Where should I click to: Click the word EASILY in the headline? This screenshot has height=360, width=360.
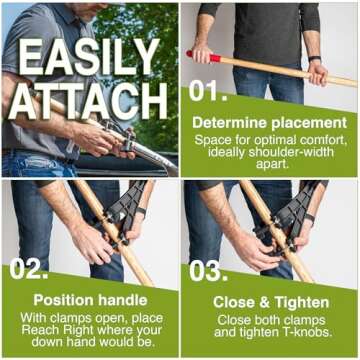click(89, 57)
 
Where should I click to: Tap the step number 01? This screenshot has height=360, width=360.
click(211, 93)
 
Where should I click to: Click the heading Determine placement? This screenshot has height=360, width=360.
click(269, 123)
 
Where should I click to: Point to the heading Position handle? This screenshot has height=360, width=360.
click(90, 300)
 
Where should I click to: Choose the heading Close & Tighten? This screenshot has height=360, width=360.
click(270, 301)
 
